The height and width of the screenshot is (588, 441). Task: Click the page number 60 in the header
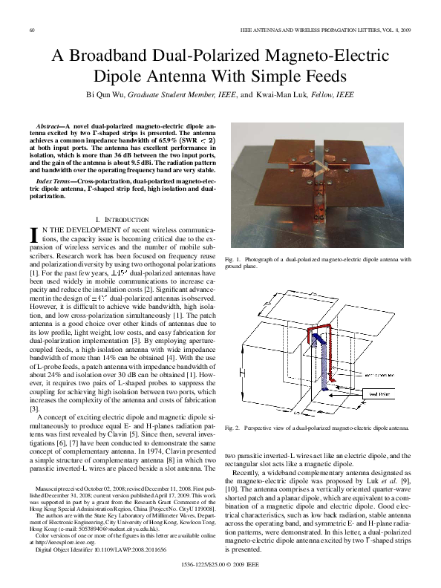click(32, 30)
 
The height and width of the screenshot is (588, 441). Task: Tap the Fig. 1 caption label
click(231, 259)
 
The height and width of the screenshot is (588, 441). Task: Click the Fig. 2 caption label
click(231, 428)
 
